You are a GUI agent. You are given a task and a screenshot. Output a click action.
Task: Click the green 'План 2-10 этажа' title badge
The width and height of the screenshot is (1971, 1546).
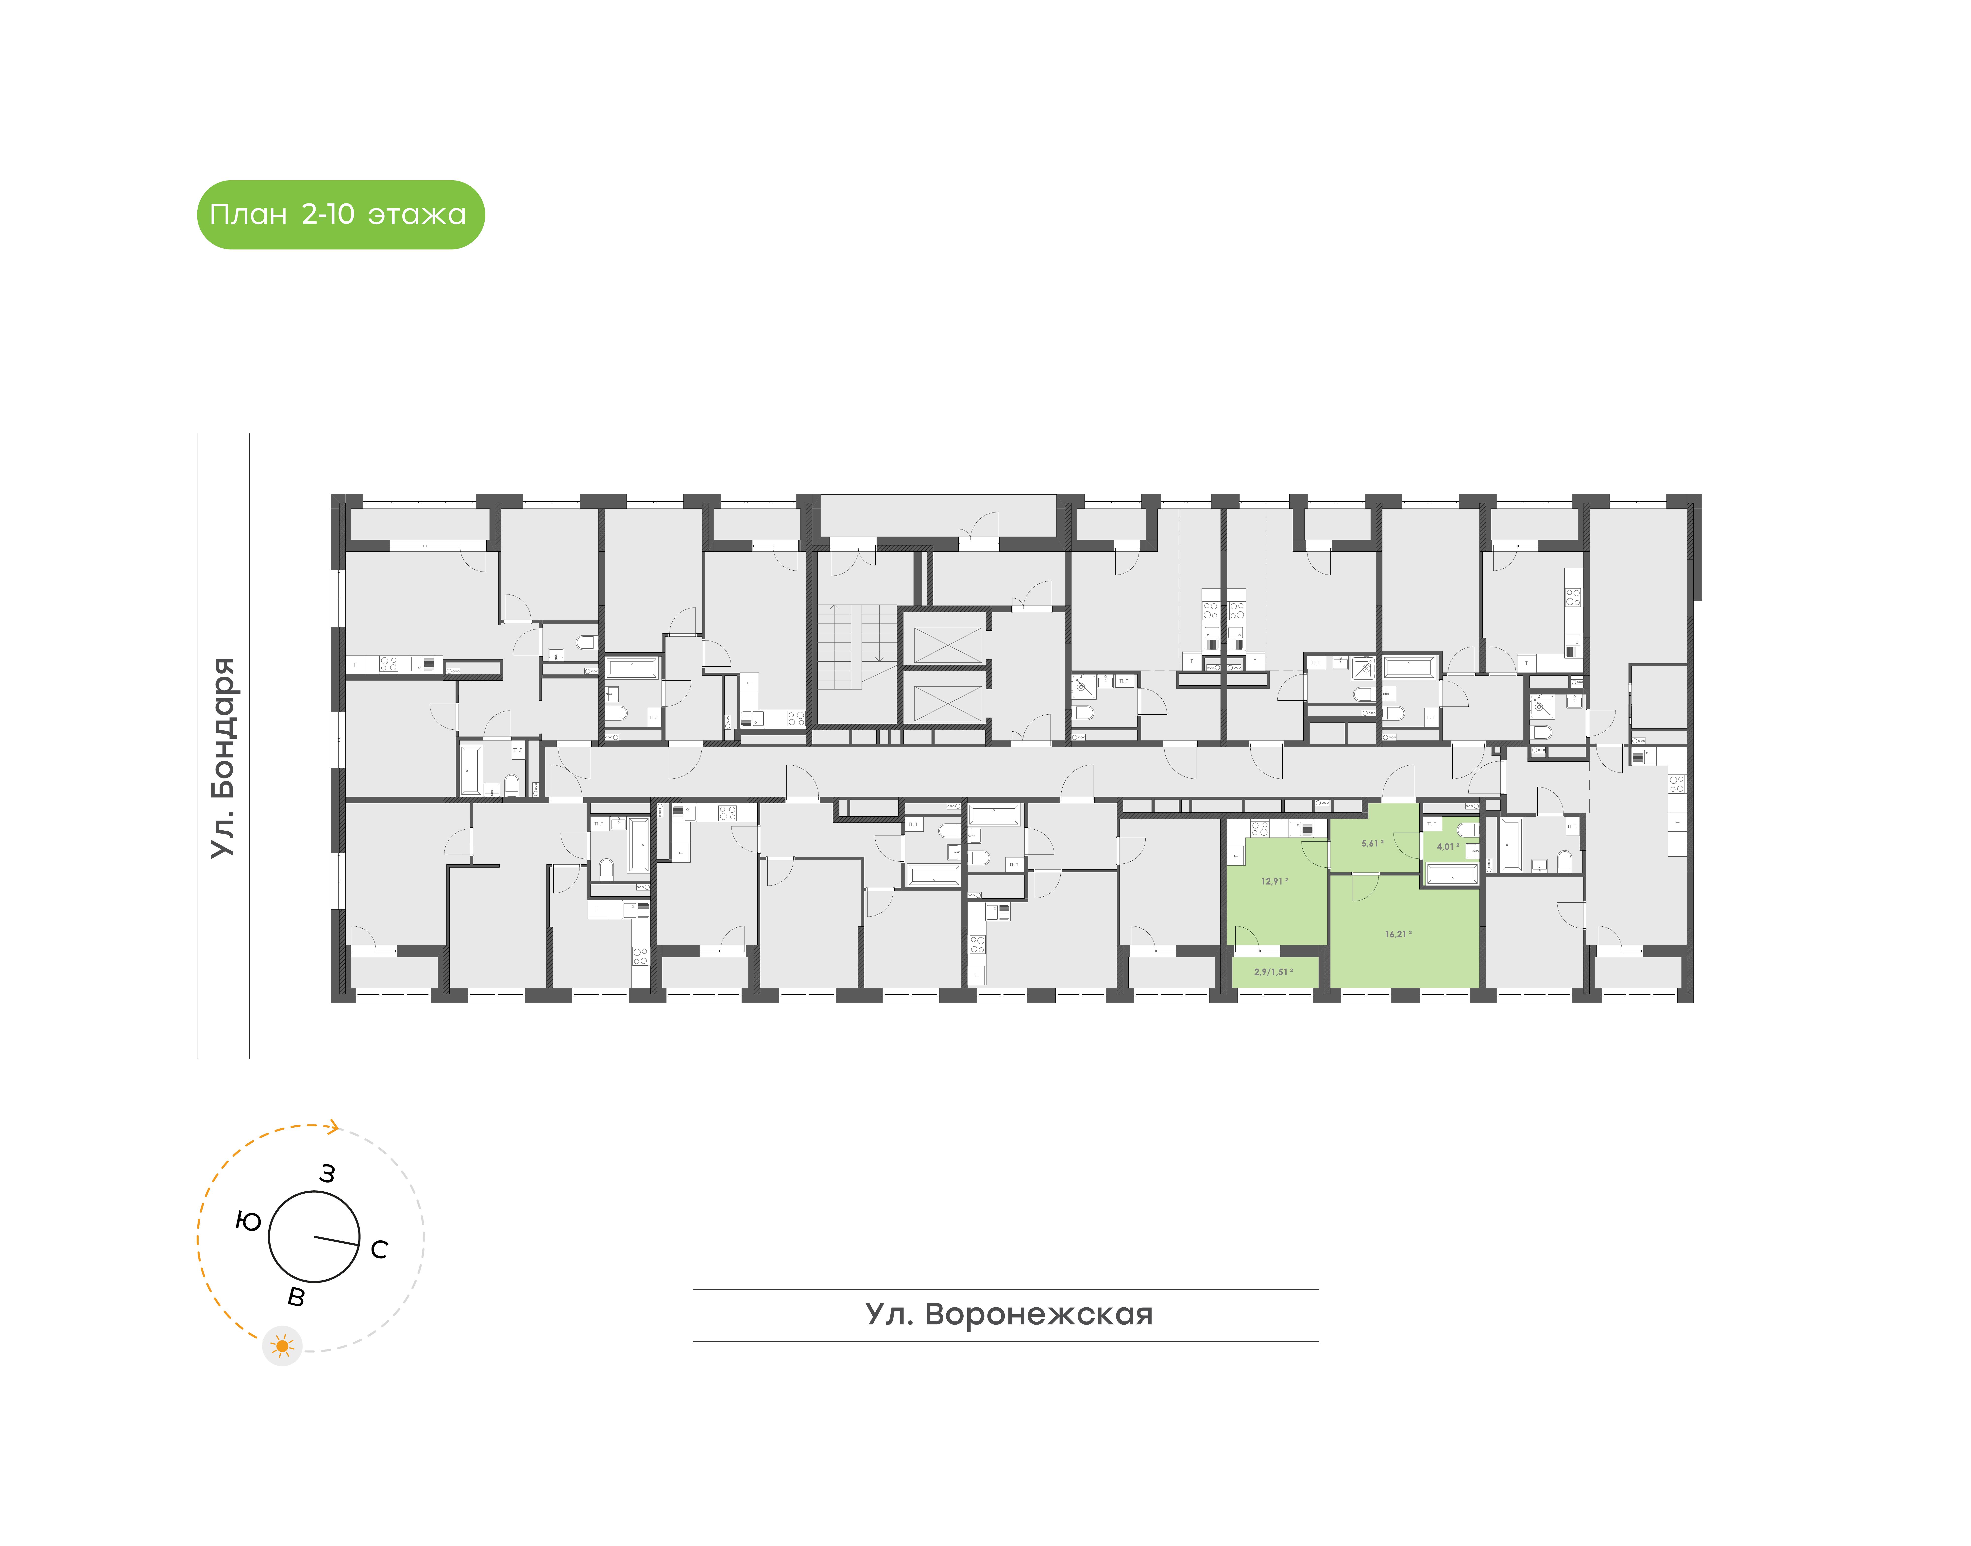(340, 214)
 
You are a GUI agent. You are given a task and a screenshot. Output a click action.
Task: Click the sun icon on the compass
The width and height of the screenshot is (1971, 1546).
(283, 1346)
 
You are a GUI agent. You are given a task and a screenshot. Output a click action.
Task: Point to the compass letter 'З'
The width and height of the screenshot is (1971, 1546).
(328, 1174)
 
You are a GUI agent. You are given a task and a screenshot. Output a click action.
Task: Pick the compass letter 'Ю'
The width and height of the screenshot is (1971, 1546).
(248, 1222)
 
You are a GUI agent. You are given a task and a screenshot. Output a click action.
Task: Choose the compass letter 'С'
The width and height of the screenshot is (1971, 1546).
(379, 1250)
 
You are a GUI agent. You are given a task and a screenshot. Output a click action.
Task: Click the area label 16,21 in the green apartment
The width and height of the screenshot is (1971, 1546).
(1397, 934)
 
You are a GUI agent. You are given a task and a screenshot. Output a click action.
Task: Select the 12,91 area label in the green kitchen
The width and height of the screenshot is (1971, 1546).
(1273, 881)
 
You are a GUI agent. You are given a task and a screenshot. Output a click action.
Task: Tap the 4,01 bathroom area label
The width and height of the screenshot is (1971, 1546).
(1447, 847)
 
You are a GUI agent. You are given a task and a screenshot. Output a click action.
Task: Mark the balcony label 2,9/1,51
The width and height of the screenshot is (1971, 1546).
(1272, 972)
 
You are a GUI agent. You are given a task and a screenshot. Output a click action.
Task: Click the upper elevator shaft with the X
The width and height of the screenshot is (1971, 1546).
(947, 644)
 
